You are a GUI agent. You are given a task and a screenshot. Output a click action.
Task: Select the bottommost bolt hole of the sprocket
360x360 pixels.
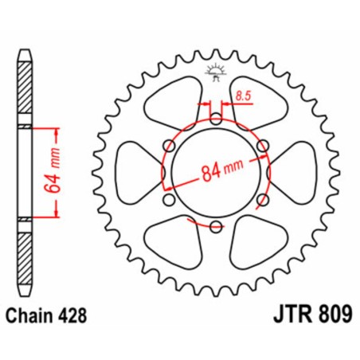[x=215, y=226]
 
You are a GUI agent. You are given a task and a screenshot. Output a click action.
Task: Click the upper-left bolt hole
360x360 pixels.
[x=169, y=146]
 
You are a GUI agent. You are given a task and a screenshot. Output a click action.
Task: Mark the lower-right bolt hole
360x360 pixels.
[x=261, y=199]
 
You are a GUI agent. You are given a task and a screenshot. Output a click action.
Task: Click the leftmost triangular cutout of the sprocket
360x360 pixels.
[x=134, y=172]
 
